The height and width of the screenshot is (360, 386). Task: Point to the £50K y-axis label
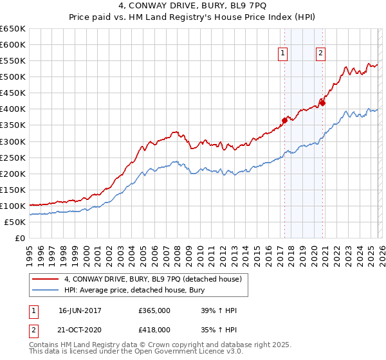click(x=15, y=222)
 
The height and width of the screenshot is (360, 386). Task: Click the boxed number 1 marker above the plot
click(x=283, y=53)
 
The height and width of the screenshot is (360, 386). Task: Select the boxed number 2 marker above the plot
click(x=320, y=53)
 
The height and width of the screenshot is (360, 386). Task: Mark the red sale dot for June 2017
click(x=284, y=120)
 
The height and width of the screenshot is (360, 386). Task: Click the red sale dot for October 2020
click(x=322, y=103)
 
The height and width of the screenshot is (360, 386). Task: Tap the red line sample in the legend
click(x=46, y=278)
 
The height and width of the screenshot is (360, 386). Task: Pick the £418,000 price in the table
click(x=154, y=329)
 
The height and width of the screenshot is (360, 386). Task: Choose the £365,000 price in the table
click(x=154, y=310)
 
